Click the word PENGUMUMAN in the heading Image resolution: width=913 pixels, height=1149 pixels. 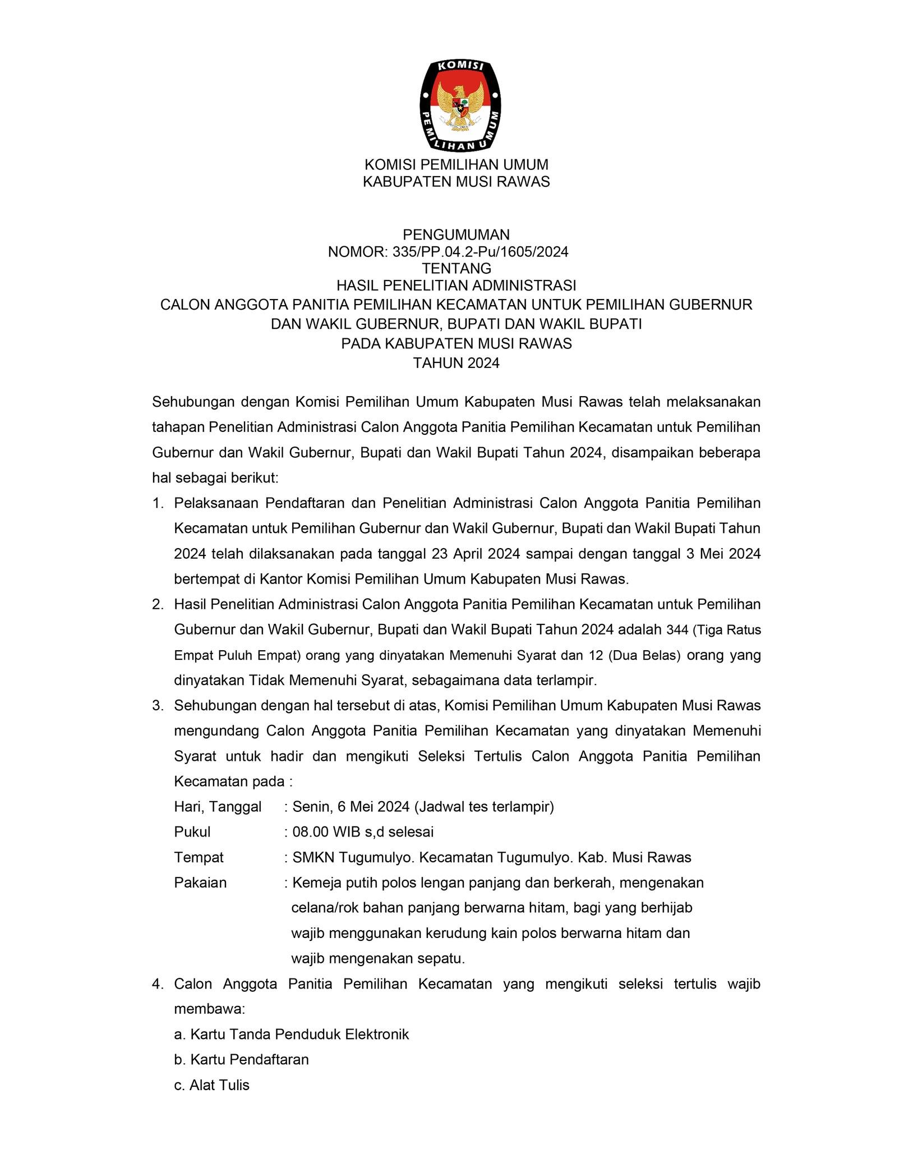(456, 234)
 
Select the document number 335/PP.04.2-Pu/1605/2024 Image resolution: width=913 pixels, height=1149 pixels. (480, 252)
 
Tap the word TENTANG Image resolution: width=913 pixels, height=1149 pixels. (457, 268)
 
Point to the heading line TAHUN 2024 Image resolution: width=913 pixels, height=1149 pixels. (456, 363)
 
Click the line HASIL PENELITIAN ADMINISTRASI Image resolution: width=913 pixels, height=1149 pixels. (456, 286)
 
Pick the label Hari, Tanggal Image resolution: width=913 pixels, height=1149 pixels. (218, 807)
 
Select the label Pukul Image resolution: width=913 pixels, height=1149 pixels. (192, 831)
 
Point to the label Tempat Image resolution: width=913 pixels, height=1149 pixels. (199, 857)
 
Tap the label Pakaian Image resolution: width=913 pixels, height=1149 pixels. (200, 883)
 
